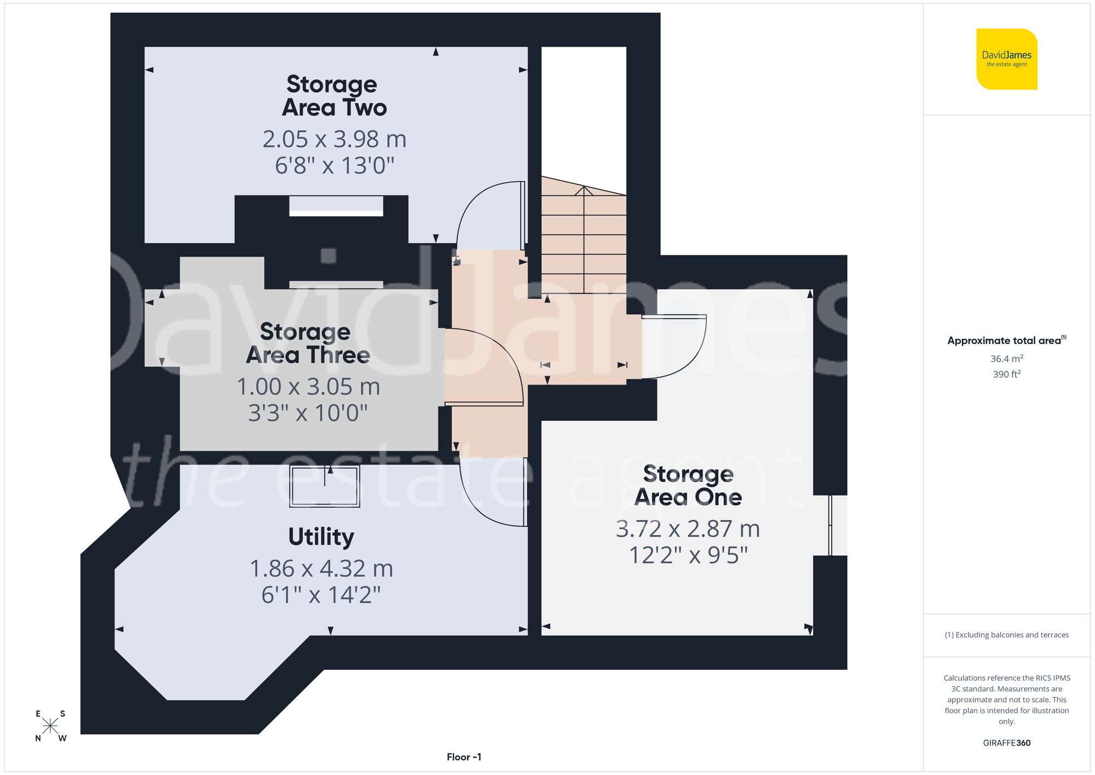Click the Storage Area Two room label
click(333, 96)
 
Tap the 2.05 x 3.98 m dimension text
click(334, 139)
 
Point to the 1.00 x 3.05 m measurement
click(308, 387)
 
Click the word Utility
click(321, 537)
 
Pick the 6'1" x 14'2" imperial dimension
click(321, 595)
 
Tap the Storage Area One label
click(688, 485)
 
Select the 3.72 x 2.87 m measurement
click(688, 529)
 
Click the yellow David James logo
click(1006, 59)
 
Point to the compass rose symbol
click(50, 726)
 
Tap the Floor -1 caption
click(464, 757)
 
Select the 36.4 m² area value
click(1006, 359)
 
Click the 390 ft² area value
click(1006, 374)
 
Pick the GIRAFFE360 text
click(1006, 743)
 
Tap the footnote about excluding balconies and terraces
click(1006, 635)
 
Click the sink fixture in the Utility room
click(325, 486)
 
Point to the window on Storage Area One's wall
click(831, 525)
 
